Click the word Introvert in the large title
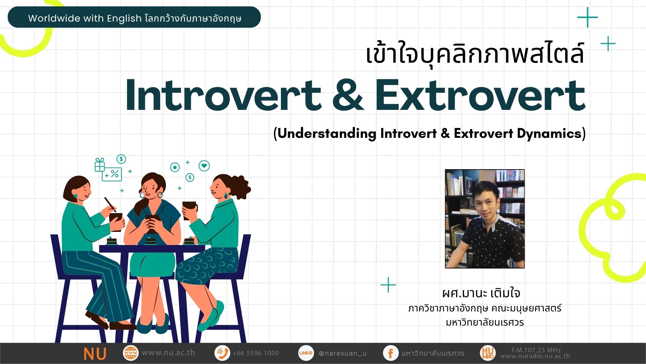click(x=223, y=95)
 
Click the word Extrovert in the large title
click(x=480, y=95)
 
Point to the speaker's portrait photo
click(x=485, y=219)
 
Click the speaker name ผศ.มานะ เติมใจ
click(x=481, y=293)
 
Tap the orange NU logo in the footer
click(x=95, y=354)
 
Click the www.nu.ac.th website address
click(x=168, y=353)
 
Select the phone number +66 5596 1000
click(x=256, y=353)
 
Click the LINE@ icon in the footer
click(x=306, y=353)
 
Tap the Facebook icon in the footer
click(x=391, y=353)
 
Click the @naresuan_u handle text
click(x=342, y=353)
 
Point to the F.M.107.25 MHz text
click(x=536, y=350)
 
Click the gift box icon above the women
click(x=100, y=165)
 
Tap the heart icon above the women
click(x=204, y=166)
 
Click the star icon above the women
click(x=175, y=167)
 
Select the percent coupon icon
click(x=112, y=174)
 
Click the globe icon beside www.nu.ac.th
click(x=131, y=353)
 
